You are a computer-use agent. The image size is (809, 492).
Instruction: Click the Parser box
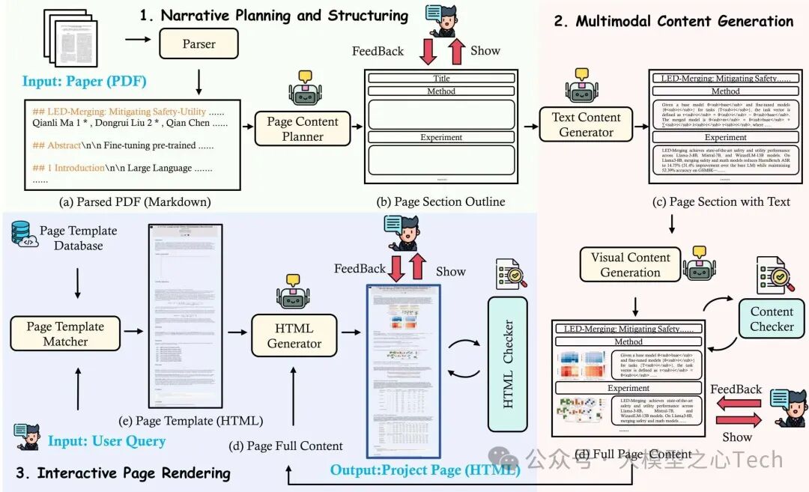[199, 45]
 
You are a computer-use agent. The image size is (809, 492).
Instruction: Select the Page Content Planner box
[303, 129]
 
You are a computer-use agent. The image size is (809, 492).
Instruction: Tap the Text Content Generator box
[586, 125]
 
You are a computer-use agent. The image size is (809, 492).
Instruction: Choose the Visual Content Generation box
[630, 264]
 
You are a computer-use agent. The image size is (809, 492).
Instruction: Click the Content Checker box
[772, 319]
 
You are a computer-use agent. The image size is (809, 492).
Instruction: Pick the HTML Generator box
[294, 335]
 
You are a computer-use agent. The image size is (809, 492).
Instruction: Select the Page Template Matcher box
[67, 334]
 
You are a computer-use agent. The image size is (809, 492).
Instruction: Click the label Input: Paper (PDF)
[84, 81]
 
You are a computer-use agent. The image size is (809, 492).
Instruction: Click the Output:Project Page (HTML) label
[425, 470]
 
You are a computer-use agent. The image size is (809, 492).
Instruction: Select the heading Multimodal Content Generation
[673, 21]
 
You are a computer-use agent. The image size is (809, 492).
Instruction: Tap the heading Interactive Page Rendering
[123, 473]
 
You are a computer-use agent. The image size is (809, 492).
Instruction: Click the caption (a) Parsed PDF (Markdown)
[135, 201]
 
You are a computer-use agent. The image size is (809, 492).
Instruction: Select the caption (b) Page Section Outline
[441, 201]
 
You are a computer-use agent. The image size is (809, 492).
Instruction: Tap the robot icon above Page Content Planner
[303, 88]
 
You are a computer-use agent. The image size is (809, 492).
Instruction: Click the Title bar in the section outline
[441, 79]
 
